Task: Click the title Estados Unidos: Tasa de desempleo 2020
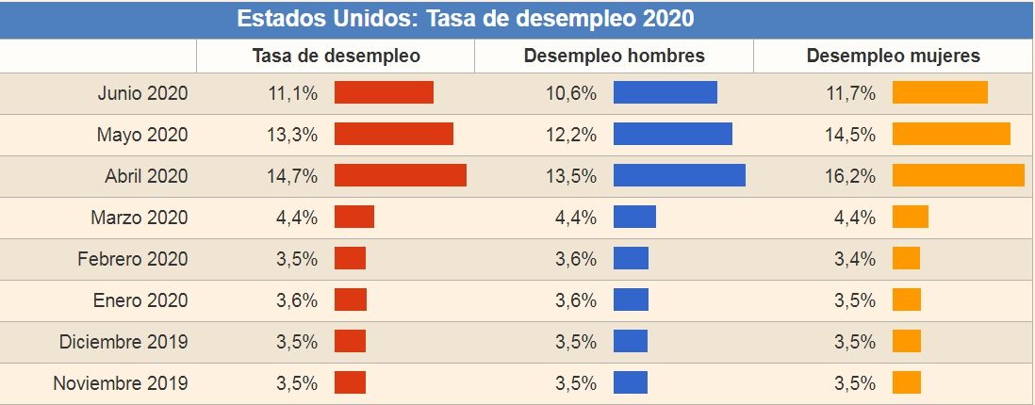tap(465, 19)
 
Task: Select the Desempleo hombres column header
tap(614, 56)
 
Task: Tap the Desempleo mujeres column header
tap(893, 56)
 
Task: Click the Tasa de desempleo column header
tap(336, 56)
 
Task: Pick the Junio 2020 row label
tap(142, 93)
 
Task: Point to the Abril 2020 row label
tap(146, 176)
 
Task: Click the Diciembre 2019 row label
tap(123, 342)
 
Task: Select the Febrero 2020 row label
tap(133, 259)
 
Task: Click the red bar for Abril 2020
tap(400, 175)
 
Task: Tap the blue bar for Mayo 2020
tap(672, 134)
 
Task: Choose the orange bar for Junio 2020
tap(939, 92)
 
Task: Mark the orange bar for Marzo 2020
tap(910, 217)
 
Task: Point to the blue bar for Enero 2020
tap(631, 300)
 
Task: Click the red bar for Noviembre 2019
tap(350, 382)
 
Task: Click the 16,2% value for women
tap(854, 176)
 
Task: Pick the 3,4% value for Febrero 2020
tap(854, 259)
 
